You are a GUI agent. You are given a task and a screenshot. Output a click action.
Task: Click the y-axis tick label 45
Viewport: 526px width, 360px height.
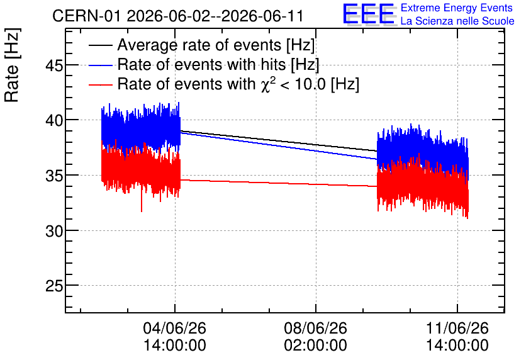pyautogui.click(x=54, y=65)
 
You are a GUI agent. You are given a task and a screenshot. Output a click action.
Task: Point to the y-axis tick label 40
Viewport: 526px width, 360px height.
pyautogui.click(x=54, y=120)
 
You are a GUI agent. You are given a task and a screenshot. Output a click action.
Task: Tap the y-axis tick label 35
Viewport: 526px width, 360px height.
pyautogui.click(x=54, y=176)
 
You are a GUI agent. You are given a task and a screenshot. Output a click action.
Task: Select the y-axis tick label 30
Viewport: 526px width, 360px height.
pyautogui.click(x=54, y=231)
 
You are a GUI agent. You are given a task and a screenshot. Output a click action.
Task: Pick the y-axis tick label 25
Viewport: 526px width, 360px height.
pyautogui.click(x=54, y=286)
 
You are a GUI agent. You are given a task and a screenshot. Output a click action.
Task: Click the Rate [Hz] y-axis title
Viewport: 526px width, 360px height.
pyautogui.click(x=12, y=65)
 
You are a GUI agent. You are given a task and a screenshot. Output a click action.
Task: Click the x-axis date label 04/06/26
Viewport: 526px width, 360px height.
pyautogui.click(x=175, y=328)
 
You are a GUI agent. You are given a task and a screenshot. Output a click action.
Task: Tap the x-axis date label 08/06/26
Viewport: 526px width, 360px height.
pyautogui.click(x=316, y=328)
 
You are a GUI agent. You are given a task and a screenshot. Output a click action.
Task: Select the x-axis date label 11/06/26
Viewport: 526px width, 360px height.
pyautogui.click(x=457, y=328)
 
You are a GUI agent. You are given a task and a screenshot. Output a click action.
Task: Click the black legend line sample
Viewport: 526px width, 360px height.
pyautogui.click(x=100, y=45)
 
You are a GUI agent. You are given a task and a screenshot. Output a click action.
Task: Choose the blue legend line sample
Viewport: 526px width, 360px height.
pyautogui.click(x=100, y=65)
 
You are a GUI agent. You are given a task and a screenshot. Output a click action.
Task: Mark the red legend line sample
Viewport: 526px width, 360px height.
pyautogui.click(x=100, y=84)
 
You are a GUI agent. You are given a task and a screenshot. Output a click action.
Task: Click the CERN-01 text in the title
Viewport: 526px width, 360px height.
pyautogui.click(x=86, y=16)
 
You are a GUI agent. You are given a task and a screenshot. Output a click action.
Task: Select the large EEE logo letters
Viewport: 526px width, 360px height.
pyautogui.click(x=369, y=14)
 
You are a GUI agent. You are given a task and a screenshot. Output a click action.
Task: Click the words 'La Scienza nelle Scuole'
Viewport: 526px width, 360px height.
pyautogui.click(x=457, y=21)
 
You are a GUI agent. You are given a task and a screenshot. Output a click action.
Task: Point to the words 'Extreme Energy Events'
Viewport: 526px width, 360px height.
pyautogui.click(x=457, y=8)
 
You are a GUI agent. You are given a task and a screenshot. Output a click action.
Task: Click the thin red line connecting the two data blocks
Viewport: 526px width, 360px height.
pyautogui.click(x=279, y=183)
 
